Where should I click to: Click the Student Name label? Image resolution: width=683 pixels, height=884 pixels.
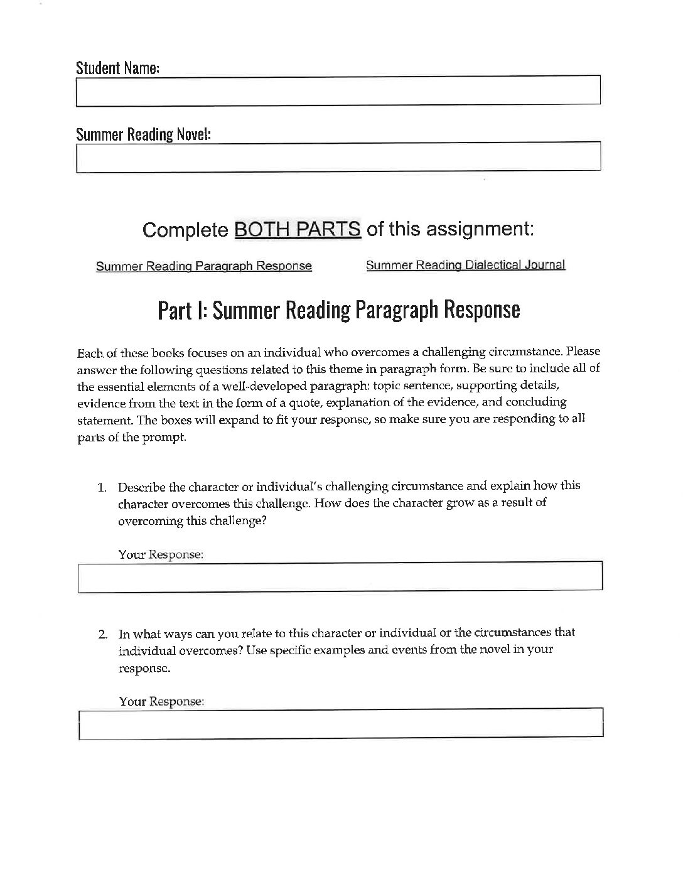click(x=117, y=68)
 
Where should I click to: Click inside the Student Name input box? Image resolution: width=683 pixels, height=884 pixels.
click(x=338, y=90)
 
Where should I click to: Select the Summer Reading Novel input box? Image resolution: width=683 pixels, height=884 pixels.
click(x=338, y=157)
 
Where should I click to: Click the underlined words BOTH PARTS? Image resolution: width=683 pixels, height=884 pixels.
click(x=298, y=229)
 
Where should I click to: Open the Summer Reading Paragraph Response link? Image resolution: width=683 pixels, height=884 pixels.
click(x=203, y=266)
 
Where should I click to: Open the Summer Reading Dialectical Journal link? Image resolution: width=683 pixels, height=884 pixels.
click(x=465, y=265)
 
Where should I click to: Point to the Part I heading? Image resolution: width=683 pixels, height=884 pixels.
click(x=338, y=310)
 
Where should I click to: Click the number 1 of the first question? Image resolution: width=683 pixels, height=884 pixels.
click(x=102, y=487)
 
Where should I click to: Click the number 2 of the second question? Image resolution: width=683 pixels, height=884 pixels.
click(x=102, y=633)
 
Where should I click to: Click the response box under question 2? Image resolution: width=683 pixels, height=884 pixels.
click(x=340, y=723)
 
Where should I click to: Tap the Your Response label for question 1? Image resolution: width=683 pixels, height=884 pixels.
click(x=161, y=555)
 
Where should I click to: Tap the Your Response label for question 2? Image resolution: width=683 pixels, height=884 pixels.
click(x=161, y=701)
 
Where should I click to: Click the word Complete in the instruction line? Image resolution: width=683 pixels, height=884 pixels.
click(x=185, y=230)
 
